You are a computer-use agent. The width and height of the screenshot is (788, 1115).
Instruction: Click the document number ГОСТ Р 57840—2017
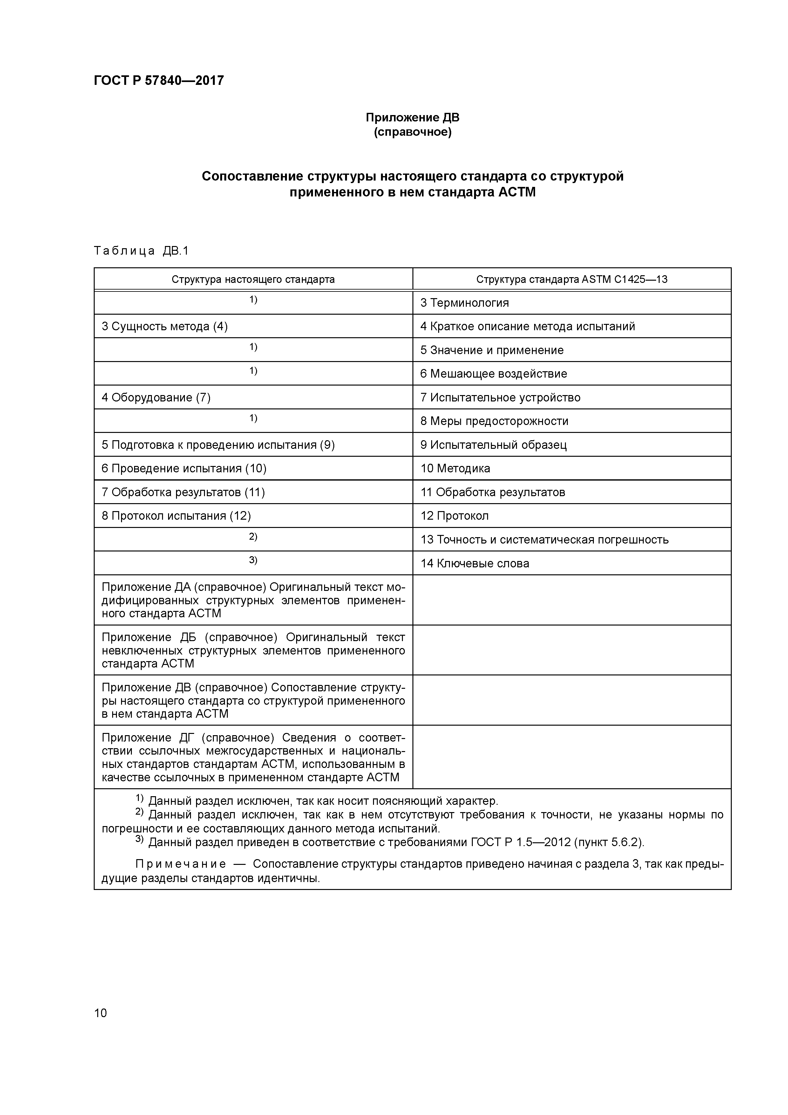pos(159,80)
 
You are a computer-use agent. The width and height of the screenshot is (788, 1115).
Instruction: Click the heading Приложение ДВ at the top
pos(412,118)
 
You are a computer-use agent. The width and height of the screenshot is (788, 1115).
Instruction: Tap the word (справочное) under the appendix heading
pos(412,132)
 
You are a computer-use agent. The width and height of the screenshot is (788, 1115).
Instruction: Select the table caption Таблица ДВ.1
pos(141,250)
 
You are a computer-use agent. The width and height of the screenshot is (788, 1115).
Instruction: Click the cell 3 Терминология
pos(464,303)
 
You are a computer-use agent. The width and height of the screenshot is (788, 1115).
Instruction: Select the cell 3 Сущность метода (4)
pos(165,326)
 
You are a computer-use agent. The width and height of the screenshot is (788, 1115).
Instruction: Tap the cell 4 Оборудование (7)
pos(156,398)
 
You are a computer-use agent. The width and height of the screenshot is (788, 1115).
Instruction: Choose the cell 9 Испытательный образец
pos(493,445)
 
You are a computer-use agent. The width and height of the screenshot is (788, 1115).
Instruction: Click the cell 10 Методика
pos(455,469)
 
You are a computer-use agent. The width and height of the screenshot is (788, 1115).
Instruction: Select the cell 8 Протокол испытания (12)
pos(176,516)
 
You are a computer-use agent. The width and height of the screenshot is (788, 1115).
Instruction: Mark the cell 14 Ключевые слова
pos(474,563)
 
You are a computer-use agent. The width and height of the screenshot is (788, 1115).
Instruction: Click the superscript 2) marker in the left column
pos(253,537)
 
